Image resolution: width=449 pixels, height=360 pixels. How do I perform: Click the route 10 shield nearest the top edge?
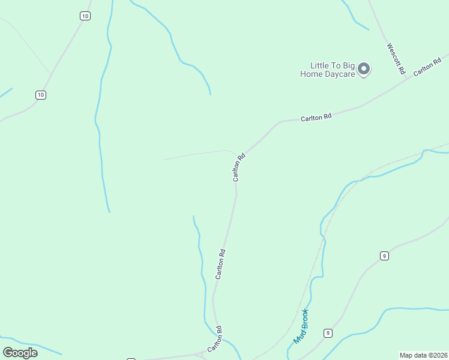pos(85,16)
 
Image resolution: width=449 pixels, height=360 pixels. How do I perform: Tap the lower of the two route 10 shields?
pos(40,95)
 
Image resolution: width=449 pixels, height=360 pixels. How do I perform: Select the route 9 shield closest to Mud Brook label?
pos(328,333)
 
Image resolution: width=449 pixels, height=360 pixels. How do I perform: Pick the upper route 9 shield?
pos(384,256)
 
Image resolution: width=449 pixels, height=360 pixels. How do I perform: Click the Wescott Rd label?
pos(396,58)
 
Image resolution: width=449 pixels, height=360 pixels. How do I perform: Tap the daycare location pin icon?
pos(364,69)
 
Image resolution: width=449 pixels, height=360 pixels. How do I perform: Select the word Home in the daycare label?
pos(312,74)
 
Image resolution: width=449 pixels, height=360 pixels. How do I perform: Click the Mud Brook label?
pos(301,326)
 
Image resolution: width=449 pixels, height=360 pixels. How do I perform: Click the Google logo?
pos(20,353)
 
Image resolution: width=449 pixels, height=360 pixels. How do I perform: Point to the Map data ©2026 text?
pos(424,355)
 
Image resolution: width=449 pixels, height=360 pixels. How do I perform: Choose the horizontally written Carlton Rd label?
pos(316,118)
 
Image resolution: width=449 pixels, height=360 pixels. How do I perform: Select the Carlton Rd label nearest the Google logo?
pos(215,340)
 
